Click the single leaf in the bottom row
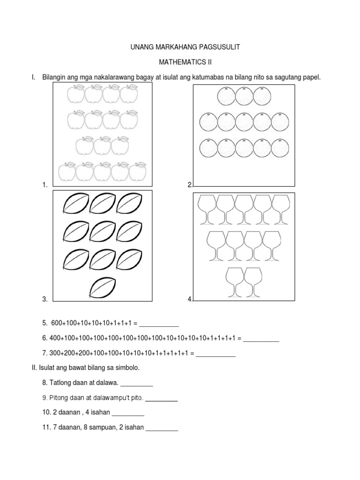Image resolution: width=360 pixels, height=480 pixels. point(103,288)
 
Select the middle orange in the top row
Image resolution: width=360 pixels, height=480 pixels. point(244,96)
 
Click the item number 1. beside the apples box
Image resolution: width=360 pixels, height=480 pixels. point(45,185)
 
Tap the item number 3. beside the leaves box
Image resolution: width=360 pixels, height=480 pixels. point(45,299)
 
